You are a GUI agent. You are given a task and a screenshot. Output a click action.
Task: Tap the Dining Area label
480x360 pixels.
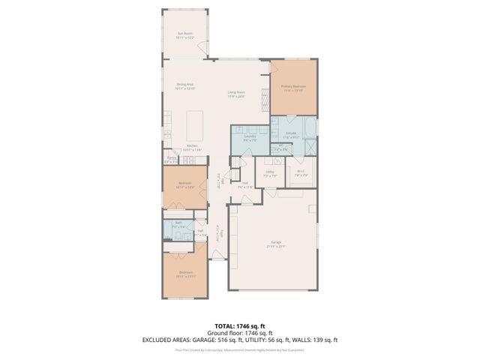pyautogui.click(x=186, y=85)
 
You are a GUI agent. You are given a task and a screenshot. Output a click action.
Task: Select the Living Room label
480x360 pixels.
pyautogui.click(x=236, y=94)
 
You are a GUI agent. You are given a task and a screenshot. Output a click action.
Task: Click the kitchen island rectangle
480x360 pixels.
pyautogui.click(x=195, y=120)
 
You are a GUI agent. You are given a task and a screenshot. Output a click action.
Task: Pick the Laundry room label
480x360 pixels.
pyautogui.click(x=250, y=137)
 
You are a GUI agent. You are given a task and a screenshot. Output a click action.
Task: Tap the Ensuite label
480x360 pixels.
pyautogui.click(x=291, y=135)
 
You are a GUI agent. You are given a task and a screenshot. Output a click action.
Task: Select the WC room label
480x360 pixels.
pyautogui.click(x=280, y=148)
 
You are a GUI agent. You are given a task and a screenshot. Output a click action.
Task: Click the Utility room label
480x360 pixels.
pyautogui.click(x=270, y=173)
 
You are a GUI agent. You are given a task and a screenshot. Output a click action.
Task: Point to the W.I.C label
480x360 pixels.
pyautogui.click(x=301, y=172)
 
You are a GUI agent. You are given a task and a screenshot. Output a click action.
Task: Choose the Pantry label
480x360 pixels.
pyautogui.click(x=172, y=159)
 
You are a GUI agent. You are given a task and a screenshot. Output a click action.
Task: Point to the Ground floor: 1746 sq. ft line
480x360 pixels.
pyautogui.click(x=239, y=333)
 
